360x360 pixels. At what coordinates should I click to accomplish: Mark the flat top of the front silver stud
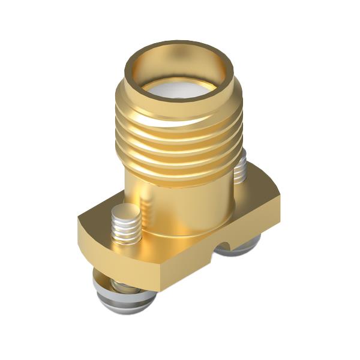click(126, 211)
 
